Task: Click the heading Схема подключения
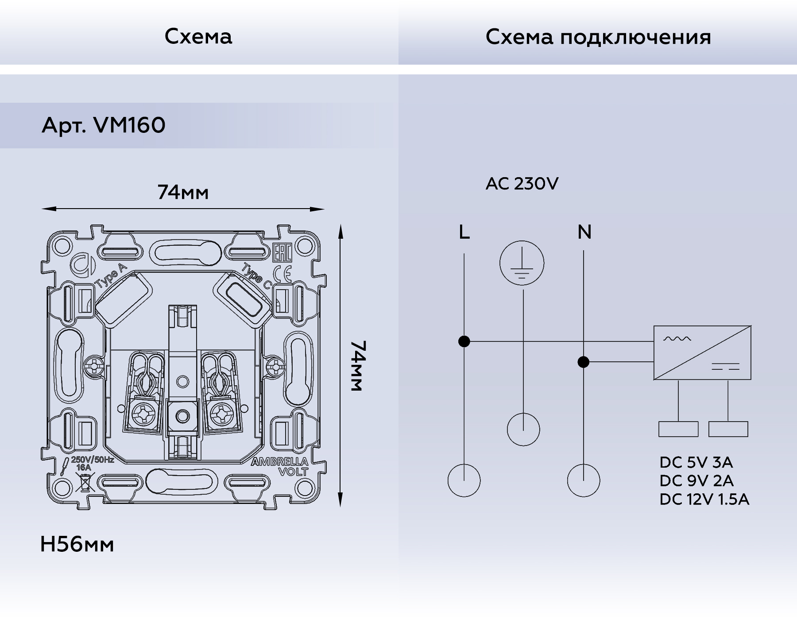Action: pyautogui.click(x=598, y=37)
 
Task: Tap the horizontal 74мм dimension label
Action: pyautogui.click(x=183, y=192)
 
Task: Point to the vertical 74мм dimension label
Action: pyautogui.click(x=357, y=366)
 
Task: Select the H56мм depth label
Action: pyautogui.click(x=77, y=544)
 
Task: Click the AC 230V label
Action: pyautogui.click(x=522, y=183)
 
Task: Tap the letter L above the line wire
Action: pyautogui.click(x=464, y=232)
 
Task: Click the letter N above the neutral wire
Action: pyautogui.click(x=584, y=232)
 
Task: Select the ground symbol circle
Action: pyautogui.click(x=522, y=263)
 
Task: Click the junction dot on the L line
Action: pyautogui.click(x=464, y=341)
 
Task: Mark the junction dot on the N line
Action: pyautogui.click(x=584, y=362)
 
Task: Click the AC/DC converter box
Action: pyautogui.click(x=702, y=353)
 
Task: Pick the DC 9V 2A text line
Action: pyautogui.click(x=696, y=480)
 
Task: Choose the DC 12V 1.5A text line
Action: pyautogui.click(x=704, y=499)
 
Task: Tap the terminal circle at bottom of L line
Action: pyautogui.click(x=464, y=480)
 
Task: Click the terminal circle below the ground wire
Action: pyautogui.click(x=523, y=429)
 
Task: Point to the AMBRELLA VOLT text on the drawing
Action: pyautogui.click(x=280, y=466)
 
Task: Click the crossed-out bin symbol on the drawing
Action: pyautogui.click(x=85, y=482)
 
